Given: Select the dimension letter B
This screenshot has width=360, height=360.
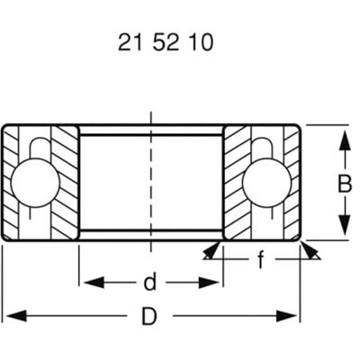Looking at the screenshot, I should coord(343,184).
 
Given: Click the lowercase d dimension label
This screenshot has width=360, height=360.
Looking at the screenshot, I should coord(150,283).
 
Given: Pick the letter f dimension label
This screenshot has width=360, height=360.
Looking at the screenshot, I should coord(260,261).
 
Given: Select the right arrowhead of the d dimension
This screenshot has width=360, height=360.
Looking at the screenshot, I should coord(216,283).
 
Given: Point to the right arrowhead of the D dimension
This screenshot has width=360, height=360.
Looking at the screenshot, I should coord(292,317).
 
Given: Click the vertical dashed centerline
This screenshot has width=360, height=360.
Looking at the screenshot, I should coord(150,180).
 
